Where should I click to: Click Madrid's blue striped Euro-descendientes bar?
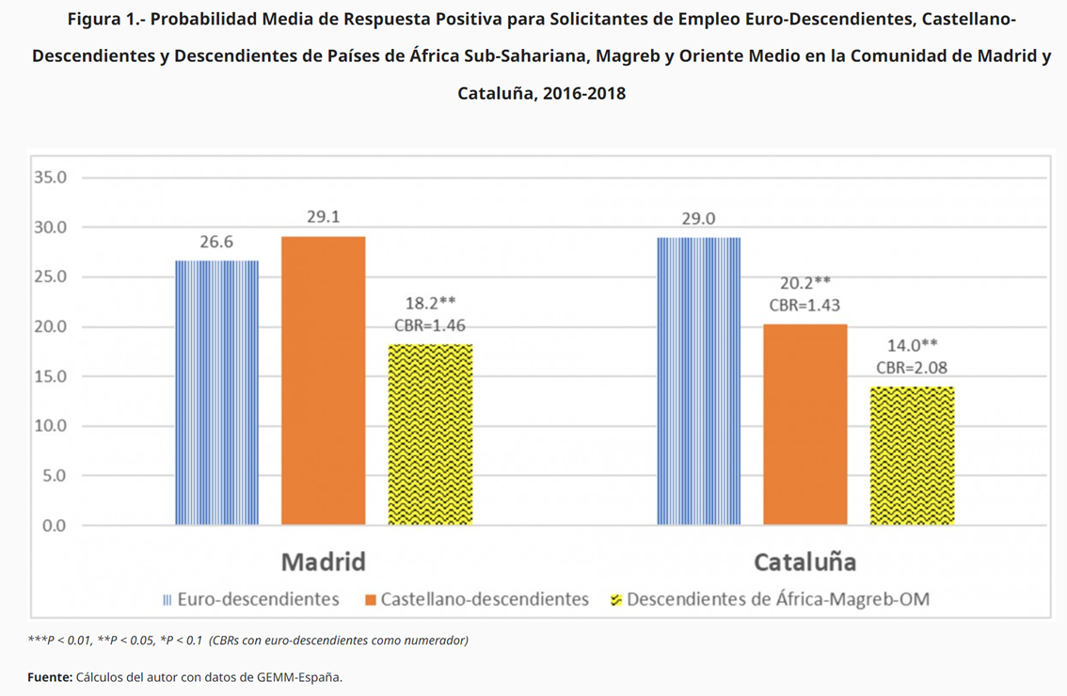point(216,392)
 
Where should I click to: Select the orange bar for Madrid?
point(323,380)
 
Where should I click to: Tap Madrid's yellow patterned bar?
point(430,435)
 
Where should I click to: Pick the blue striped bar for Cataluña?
point(698,381)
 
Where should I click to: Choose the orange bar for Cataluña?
point(804,424)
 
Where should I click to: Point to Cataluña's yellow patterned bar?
point(912,455)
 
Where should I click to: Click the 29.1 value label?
point(323,217)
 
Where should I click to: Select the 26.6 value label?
point(216,242)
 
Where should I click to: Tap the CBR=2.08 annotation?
point(912,368)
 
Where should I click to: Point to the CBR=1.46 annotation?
point(430,325)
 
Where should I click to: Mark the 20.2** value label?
point(804,282)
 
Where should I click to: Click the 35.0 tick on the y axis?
point(50,178)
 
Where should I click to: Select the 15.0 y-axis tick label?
point(50,376)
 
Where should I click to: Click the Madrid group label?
point(323,562)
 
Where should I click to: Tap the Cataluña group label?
point(804,562)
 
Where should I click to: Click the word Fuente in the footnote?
point(49,676)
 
